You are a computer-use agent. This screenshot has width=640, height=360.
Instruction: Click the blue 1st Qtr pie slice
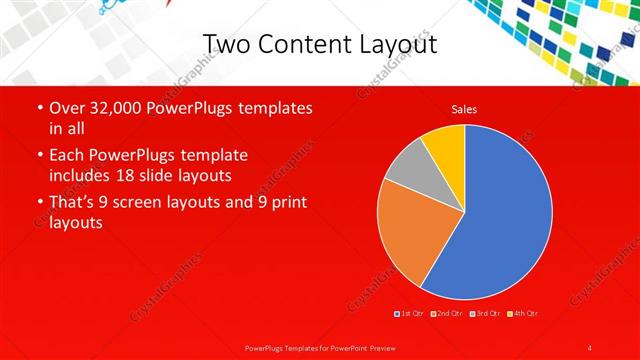[500, 220]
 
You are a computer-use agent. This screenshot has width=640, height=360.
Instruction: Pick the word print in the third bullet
[286, 203]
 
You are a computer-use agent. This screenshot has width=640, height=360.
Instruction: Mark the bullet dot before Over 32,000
[39, 108]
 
